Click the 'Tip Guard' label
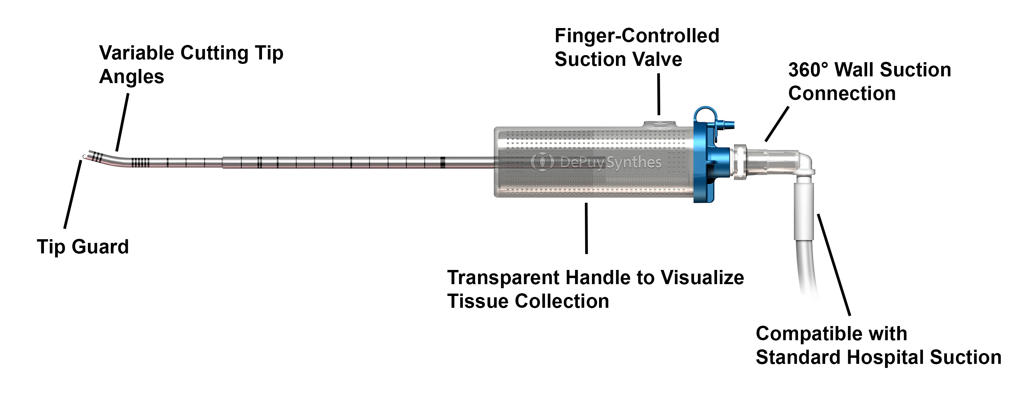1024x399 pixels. coord(83,247)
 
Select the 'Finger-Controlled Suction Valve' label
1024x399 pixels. coord(637,47)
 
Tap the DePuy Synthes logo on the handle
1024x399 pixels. coord(596,162)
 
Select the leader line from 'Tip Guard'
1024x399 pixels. coord(73,195)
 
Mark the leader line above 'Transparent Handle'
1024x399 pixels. coord(586,228)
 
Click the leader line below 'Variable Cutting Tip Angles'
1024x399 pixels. coord(122,122)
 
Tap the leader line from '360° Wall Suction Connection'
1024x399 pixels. coord(777,124)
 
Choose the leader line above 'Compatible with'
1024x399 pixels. coord(834,265)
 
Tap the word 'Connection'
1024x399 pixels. coord(841,94)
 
